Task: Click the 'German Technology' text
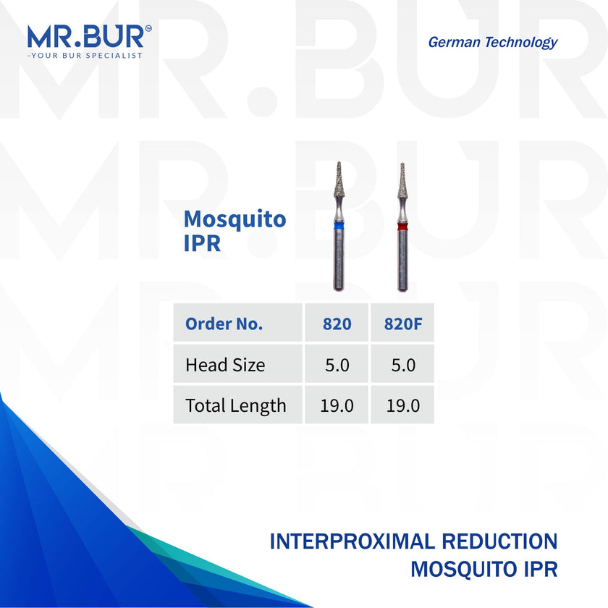(x=492, y=42)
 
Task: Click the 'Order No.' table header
(x=224, y=324)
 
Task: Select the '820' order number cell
(x=337, y=324)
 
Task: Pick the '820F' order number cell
(x=402, y=324)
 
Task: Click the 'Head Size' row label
(x=225, y=365)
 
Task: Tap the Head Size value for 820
(x=337, y=365)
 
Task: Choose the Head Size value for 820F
(x=402, y=365)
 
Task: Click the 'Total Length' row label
(x=236, y=405)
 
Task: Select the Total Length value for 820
(x=337, y=405)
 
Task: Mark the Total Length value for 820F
(x=402, y=405)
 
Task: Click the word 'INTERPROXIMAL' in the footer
(x=355, y=541)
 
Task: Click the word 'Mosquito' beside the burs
(x=235, y=219)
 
